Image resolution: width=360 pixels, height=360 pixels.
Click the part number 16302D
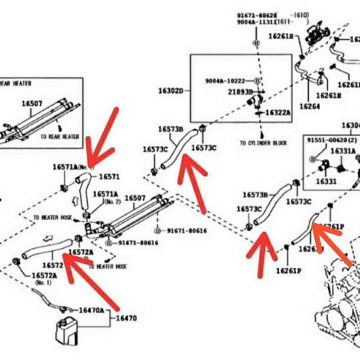pos(171,91)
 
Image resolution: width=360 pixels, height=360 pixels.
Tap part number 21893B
pos(240,92)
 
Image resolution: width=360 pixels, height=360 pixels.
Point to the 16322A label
pos(278,113)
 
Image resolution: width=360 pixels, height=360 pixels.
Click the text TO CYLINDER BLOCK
pos(263,143)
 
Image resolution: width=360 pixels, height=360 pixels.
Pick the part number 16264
pos(309,106)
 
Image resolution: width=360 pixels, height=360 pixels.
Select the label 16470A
pos(91,310)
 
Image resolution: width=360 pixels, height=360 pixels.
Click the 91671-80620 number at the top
pos(257,15)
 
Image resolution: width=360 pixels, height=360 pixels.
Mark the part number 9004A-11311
pos(256,22)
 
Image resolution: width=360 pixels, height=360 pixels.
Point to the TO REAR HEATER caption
pos(60,136)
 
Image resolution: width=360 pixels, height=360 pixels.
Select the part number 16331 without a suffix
pos(326,181)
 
